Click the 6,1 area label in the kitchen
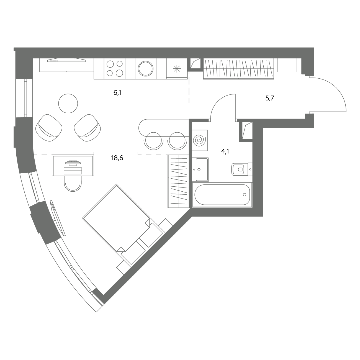(x=117, y=92)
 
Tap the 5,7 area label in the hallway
(x=269, y=98)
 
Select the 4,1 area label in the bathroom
(x=225, y=151)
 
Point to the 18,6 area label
(x=117, y=158)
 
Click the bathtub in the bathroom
(x=222, y=195)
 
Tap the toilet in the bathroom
(x=242, y=169)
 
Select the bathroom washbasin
(x=200, y=169)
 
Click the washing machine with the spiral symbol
(x=200, y=140)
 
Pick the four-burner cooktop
(x=115, y=69)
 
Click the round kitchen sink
(x=146, y=69)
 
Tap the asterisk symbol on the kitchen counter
(x=177, y=69)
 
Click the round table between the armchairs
(x=68, y=103)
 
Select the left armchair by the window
(x=49, y=128)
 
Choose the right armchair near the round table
(x=87, y=128)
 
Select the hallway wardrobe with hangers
(x=238, y=69)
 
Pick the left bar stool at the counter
(x=153, y=141)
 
